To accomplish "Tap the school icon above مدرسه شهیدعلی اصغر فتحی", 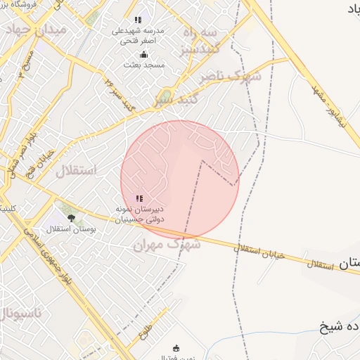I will coord(138,20).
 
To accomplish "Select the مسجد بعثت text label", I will coord(145,65).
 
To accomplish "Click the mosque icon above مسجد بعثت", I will coord(144,54).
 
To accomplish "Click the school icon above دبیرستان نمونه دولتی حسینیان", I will coord(139,199).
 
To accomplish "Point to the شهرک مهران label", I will coord(167,244).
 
